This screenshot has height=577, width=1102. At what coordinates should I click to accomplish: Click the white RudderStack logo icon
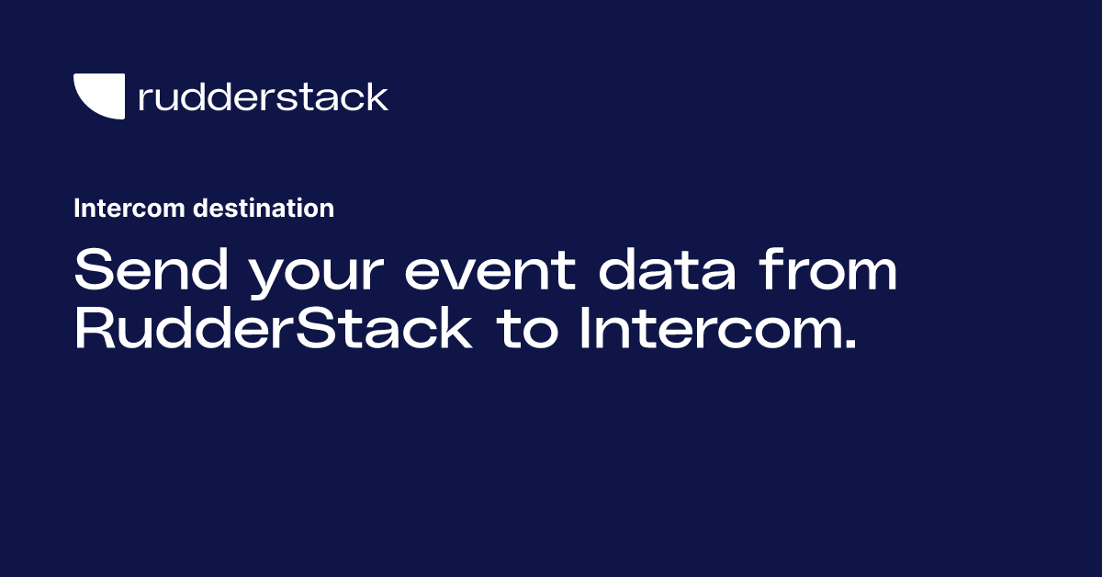pos(98,96)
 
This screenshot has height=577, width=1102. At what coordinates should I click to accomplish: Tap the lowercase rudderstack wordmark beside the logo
pos(263,96)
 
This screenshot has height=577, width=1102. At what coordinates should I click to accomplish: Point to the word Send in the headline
pos(143,272)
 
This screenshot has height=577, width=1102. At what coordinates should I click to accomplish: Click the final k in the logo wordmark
pos(377,96)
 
